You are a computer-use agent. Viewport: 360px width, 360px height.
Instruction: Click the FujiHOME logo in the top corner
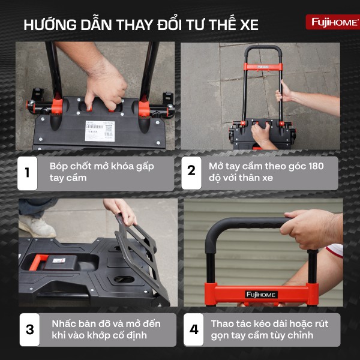[x=332, y=22]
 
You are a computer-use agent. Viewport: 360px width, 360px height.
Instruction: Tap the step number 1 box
[x=27, y=173]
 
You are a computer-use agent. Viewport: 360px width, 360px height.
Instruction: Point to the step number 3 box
[x=30, y=329]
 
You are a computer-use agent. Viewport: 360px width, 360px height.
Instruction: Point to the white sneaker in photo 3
[x=37, y=226]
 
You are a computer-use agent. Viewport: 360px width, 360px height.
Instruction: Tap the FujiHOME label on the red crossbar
[x=261, y=294]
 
